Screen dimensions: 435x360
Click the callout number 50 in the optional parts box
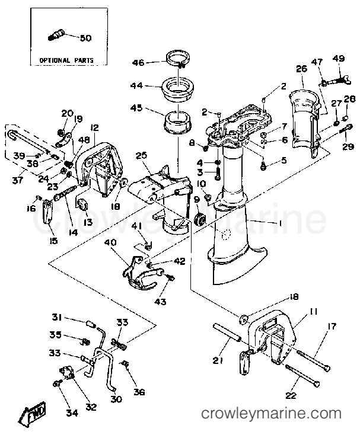85,38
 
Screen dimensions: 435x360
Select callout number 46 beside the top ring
138,62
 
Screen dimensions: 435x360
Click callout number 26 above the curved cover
301,69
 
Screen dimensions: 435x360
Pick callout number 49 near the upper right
339,58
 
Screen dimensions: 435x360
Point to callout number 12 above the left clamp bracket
94,127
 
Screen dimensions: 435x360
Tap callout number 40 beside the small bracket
110,242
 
